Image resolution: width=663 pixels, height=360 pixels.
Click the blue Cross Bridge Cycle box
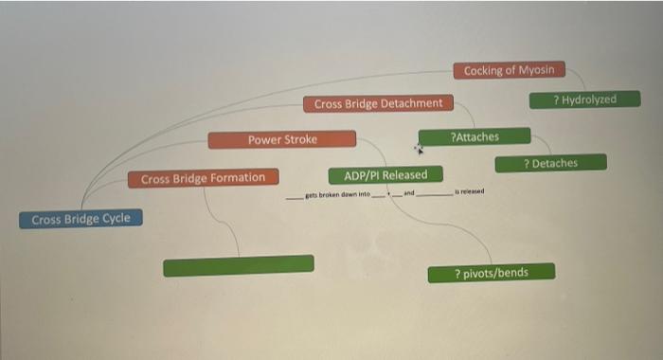81,220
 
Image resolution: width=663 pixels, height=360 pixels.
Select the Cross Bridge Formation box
203,177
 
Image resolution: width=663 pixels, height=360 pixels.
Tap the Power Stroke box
282,140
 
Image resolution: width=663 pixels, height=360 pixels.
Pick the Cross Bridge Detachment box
378,103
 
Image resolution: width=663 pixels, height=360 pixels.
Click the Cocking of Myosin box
510,70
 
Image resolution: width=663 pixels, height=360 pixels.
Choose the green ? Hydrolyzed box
584,99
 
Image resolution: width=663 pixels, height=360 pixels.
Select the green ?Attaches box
475,137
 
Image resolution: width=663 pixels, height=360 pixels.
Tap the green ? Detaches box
549,164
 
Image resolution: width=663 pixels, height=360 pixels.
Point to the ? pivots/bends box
491,274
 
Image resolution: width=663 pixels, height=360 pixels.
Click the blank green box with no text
238,266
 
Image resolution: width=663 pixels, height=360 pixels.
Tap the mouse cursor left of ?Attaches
419,149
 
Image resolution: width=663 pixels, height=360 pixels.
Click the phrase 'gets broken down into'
336,195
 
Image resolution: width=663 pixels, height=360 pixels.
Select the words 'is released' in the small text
469,191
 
